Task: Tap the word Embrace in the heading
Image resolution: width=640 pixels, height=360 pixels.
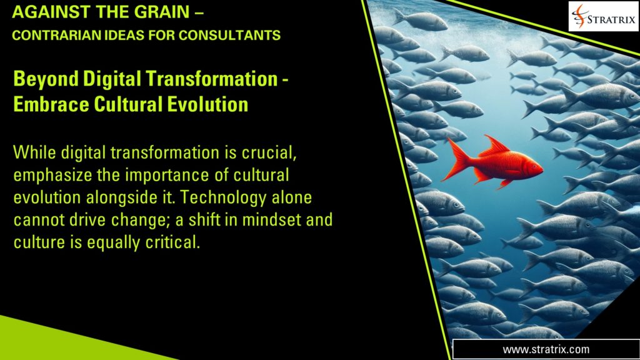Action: (x=44, y=104)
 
